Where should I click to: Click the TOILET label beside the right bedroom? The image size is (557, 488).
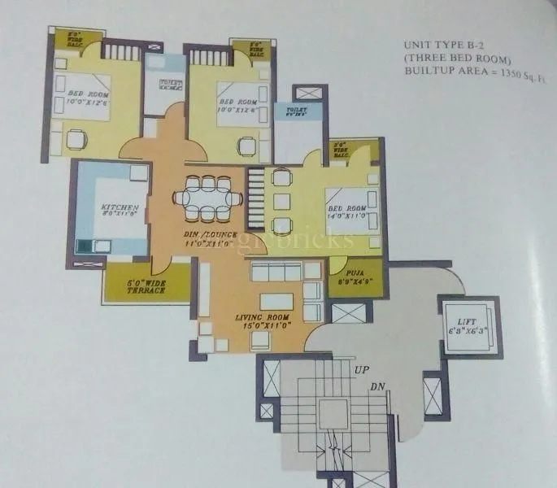pyautogui.click(x=292, y=111)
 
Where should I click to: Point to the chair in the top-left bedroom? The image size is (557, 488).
pyautogui.click(x=76, y=140)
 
